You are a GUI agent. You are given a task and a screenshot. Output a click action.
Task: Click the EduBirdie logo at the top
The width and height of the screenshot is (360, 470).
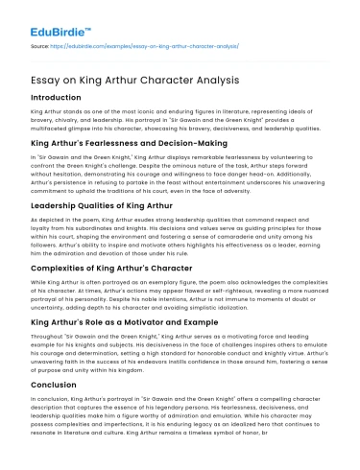(50, 18)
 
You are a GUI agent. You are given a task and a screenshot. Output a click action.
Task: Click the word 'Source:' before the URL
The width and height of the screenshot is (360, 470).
(40, 44)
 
